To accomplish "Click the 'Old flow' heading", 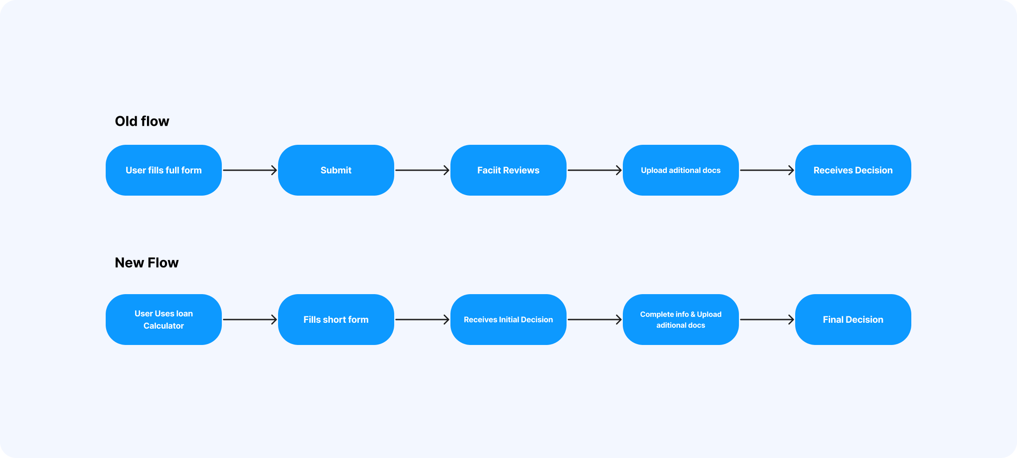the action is (142, 121).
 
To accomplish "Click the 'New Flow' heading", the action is (147, 263).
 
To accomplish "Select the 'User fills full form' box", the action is (164, 170).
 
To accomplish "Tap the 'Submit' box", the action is (336, 170).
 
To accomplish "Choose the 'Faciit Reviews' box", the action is (508, 170).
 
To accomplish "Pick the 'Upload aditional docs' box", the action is (681, 170).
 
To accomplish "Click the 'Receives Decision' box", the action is (853, 170).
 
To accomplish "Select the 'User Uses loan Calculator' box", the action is (164, 320).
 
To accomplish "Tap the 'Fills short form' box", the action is (336, 320).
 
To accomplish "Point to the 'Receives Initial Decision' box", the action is (508, 320).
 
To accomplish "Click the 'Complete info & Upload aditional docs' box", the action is (681, 320).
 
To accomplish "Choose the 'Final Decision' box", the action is (853, 320).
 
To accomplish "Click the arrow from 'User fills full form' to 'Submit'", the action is (250, 170).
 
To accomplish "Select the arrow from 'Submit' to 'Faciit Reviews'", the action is (422, 170).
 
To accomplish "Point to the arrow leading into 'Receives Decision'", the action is (767, 170).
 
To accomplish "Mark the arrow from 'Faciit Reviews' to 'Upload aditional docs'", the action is (595, 170).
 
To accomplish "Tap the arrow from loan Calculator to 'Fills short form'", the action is (250, 320).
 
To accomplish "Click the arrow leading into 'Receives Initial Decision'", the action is (422, 320).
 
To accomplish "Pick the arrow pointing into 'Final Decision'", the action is (767, 320).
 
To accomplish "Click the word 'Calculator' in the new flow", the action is (164, 326).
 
